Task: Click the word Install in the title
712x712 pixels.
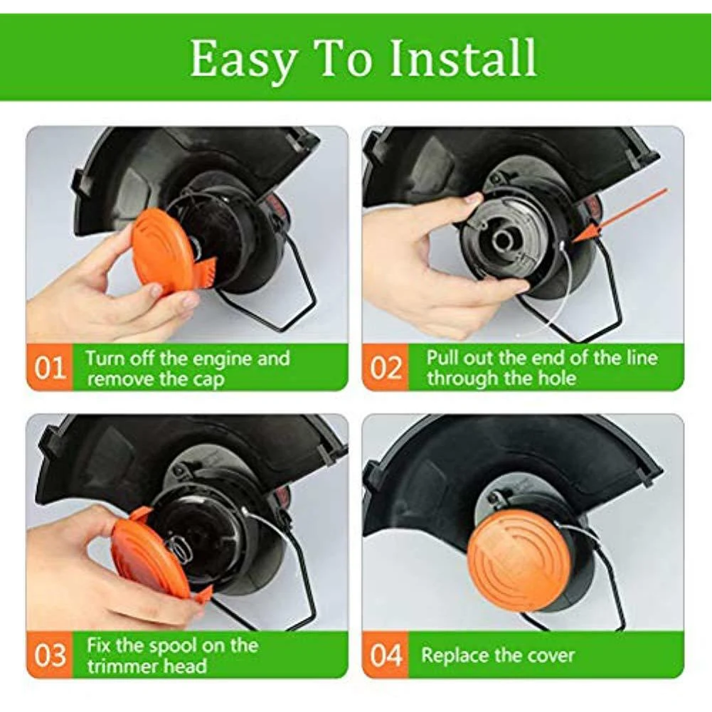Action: point(464,58)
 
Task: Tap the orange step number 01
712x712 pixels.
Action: point(50,368)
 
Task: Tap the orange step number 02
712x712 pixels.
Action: point(386,368)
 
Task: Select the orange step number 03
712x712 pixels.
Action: point(50,655)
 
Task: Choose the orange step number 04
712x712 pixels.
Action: point(386,655)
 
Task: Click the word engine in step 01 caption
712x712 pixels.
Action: point(218,360)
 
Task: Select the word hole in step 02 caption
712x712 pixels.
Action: point(557,378)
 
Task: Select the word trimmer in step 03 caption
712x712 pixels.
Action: point(117,666)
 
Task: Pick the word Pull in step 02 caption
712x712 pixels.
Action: point(440,357)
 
